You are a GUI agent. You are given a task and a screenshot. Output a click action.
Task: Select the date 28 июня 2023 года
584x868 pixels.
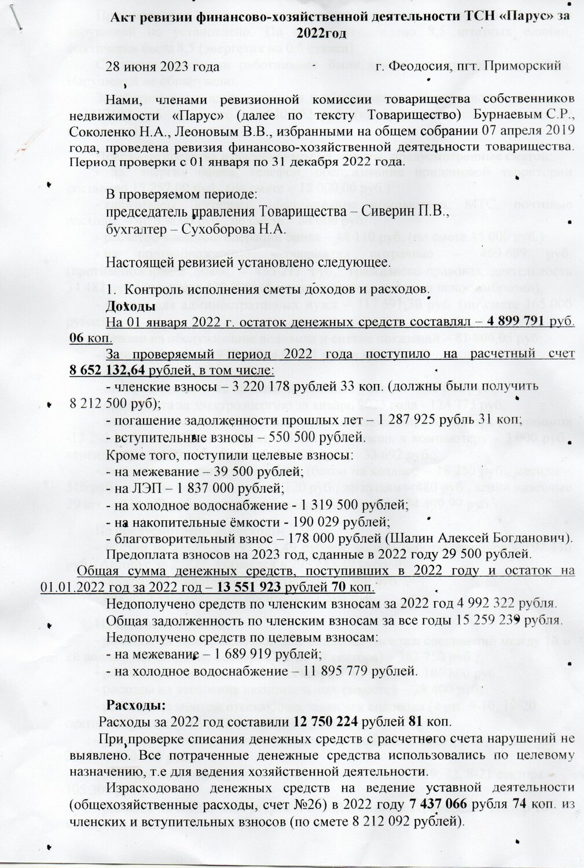(153, 67)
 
